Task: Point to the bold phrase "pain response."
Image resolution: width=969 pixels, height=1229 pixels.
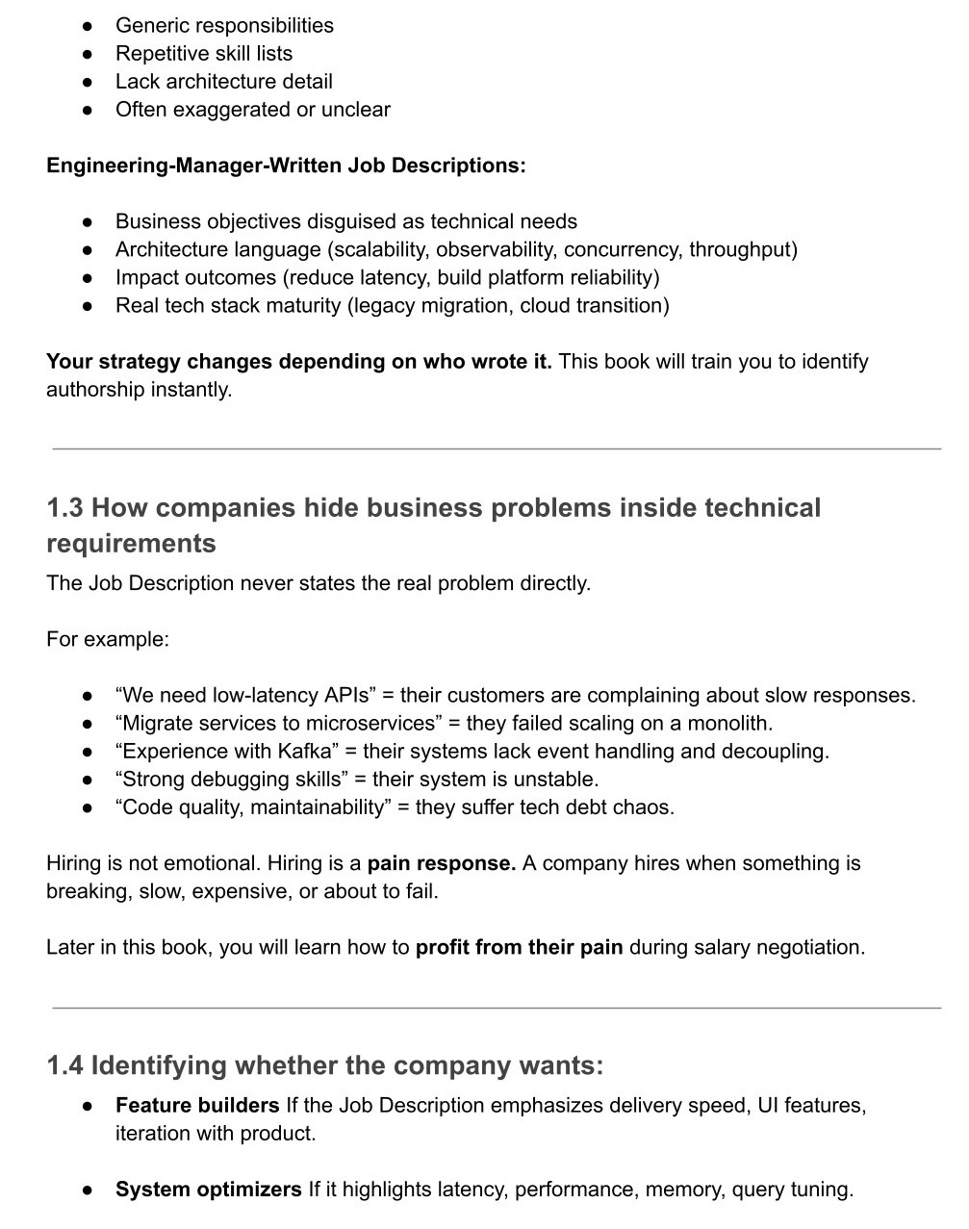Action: click(442, 863)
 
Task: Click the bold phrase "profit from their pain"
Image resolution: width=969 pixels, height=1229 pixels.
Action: click(519, 947)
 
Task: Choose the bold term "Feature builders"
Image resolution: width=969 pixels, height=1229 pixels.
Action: click(197, 1106)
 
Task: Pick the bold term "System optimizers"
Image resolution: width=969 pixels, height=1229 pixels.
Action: click(209, 1190)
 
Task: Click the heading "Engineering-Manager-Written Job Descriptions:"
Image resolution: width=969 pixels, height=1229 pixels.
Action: click(286, 166)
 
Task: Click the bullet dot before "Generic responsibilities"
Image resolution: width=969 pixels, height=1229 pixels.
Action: click(88, 26)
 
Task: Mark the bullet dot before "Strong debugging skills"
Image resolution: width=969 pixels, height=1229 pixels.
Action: click(88, 780)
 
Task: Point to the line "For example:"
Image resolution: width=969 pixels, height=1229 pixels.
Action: click(108, 640)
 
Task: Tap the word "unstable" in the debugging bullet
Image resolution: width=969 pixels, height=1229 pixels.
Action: click(555, 780)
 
